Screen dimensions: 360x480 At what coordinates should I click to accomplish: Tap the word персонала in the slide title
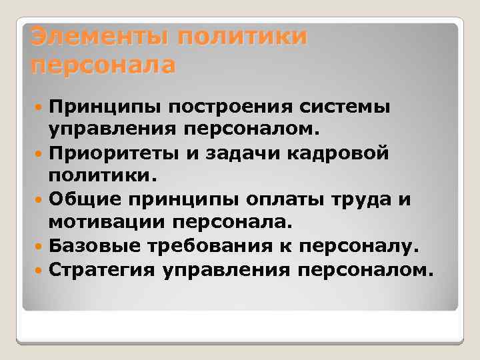coord(103,66)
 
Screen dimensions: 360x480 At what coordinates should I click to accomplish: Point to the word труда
coord(354,199)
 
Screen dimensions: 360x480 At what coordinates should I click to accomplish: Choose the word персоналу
coord(359,247)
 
